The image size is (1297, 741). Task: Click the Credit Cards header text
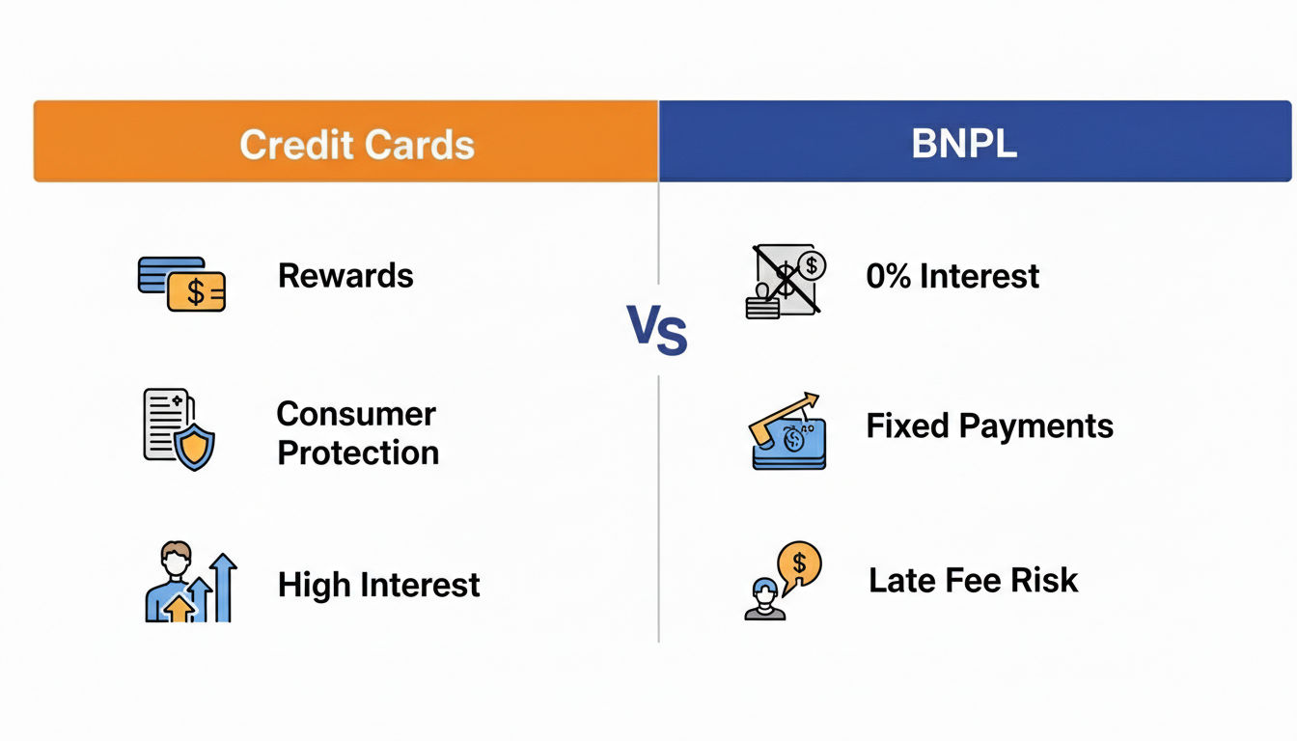(x=357, y=144)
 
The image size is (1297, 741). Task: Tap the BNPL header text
(x=964, y=143)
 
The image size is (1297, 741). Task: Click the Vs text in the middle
(x=657, y=329)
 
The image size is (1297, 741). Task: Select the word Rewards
(x=345, y=276)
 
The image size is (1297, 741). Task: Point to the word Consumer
(x=356, y=414)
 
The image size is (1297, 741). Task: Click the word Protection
(x=358, y=453)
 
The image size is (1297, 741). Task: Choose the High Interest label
(x=378, y=585)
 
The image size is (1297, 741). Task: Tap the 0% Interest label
(x=952, y=276)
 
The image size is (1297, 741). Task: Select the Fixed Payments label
(x=989, y=426)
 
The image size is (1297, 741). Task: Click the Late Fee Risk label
(x=974, y=580)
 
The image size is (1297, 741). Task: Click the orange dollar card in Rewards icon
(x=196, y=291)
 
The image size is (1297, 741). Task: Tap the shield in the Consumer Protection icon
(x=195, y=447)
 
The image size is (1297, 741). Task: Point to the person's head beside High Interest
(x=176, y=558)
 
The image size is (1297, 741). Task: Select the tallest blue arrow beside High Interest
(x=223, y=588)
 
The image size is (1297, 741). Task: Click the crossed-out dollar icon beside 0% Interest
(x=785, y=280)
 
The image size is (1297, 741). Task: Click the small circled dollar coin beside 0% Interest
(x=812, y=265)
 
